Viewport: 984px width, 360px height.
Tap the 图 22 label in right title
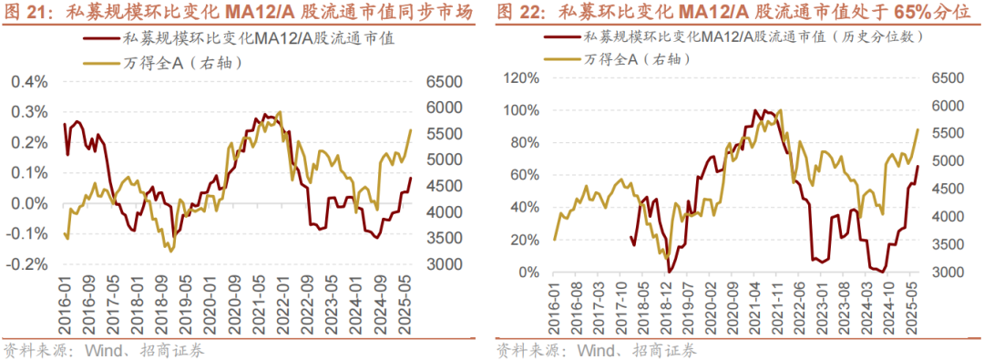coord(522,13)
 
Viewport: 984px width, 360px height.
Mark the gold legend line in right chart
coord(560,59)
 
